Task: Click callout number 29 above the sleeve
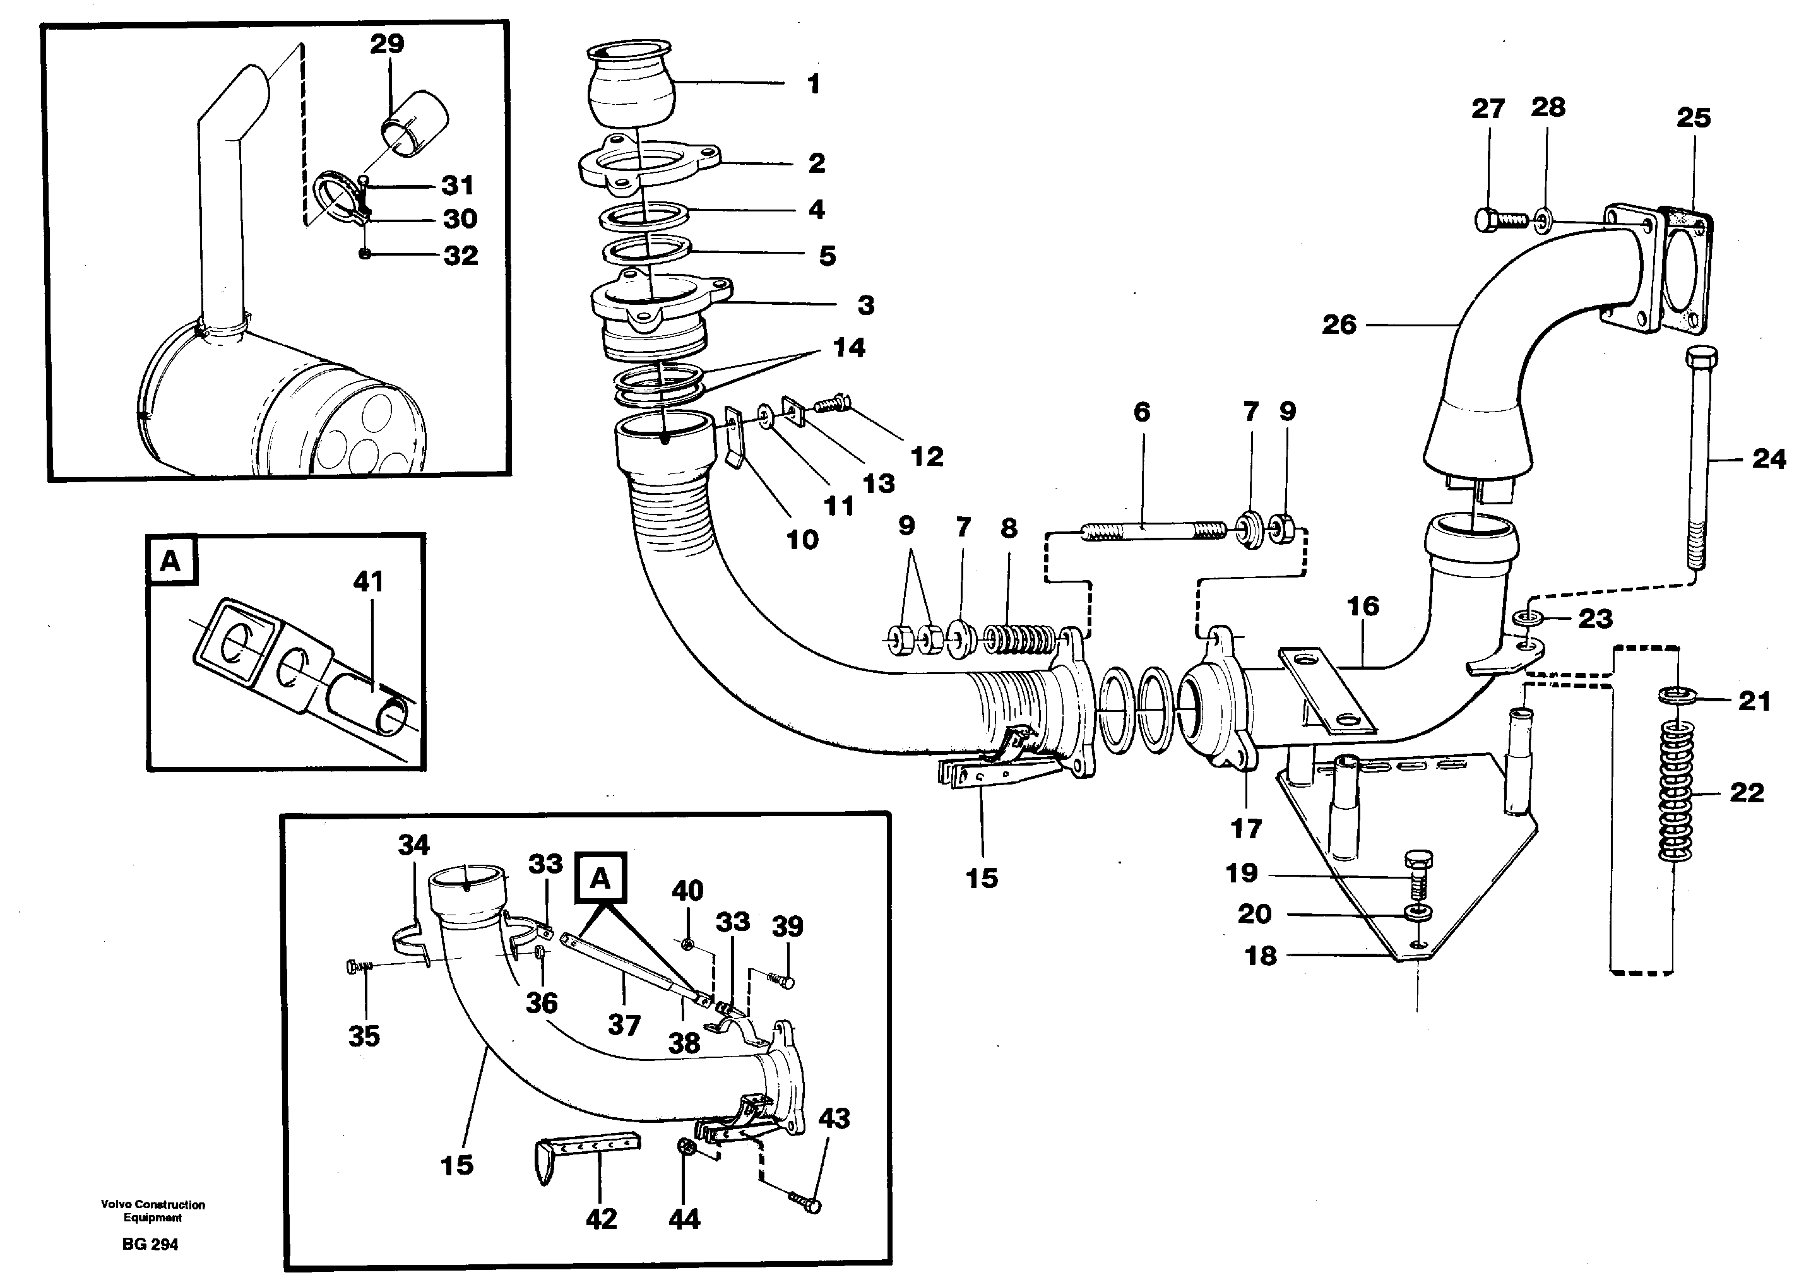coord(387,44)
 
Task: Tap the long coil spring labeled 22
coord(1675,793)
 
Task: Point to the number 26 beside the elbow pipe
coord(1339,324)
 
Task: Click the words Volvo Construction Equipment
coord(152,1210)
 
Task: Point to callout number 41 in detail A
coord(369,582)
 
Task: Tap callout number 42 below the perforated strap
coord(601,1218)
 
